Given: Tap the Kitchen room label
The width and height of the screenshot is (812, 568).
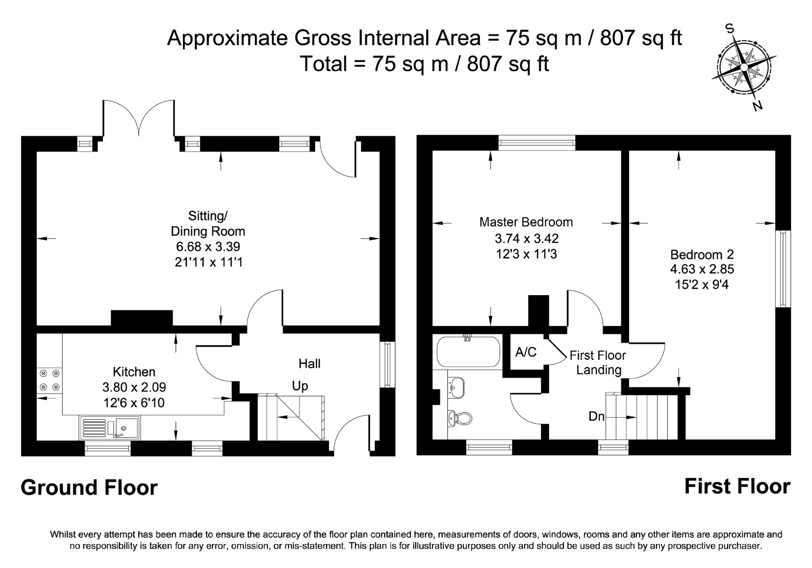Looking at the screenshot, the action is pos(134,372).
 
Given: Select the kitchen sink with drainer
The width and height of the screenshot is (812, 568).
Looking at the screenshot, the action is pos(110,428).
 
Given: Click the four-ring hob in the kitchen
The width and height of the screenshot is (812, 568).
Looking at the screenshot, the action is pos(50,380).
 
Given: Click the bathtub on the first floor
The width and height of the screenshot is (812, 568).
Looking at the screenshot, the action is pos(468,351).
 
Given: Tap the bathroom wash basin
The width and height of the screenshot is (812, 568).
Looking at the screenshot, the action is pos(457,387).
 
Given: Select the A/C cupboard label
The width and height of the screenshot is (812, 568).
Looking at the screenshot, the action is pos(526,352).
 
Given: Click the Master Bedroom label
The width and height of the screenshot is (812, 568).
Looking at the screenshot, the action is pos(526,222).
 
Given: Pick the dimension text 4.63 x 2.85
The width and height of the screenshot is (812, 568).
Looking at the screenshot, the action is pos(702,269).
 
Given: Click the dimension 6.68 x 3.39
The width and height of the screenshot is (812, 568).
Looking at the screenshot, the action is pos(208,246).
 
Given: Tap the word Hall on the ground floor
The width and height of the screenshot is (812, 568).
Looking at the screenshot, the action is pos(310,364).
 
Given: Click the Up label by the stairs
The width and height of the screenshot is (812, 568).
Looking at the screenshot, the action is pos(300,386).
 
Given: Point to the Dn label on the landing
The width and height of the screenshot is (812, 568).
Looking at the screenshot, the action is pos(596,417).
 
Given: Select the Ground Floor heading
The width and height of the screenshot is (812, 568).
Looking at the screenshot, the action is pos(89,488).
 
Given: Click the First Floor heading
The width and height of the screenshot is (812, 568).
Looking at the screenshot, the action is pos(737,487).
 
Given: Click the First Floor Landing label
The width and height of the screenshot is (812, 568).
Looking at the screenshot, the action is pos(598,363).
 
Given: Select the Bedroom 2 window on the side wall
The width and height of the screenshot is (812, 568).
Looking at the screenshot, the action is pos(783,269).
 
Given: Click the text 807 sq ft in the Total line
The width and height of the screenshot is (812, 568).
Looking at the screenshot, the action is pos(508,64).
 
